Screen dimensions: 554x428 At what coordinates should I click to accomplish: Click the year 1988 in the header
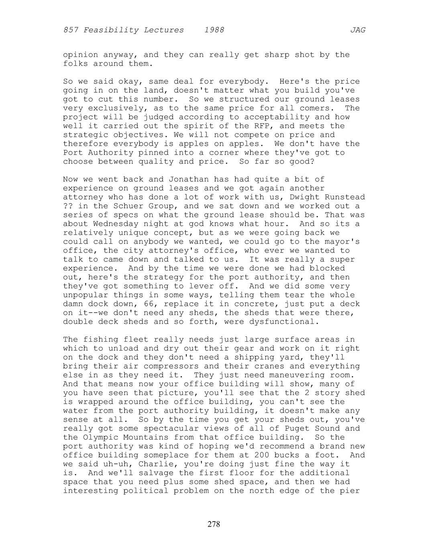(x=214, y=30)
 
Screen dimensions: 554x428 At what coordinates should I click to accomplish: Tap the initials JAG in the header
(x=357, y=30)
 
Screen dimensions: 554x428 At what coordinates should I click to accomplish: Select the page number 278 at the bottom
(x=214, y=524)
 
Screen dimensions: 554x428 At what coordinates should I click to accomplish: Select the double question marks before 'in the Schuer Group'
(x=68, y=206)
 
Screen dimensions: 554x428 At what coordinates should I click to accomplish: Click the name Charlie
(x=133, y=464)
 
